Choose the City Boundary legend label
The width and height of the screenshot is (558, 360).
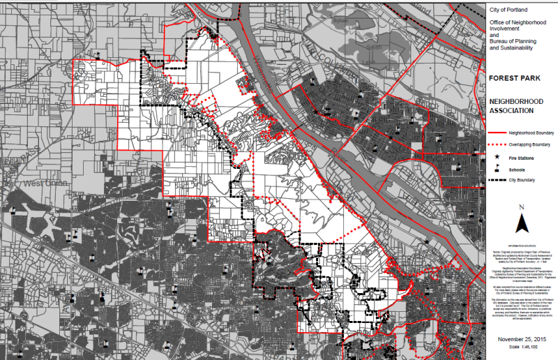pyautogui.click(x=522, y=180)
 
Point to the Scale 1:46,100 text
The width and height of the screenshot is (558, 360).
pyautogui.click(x=522, y=349)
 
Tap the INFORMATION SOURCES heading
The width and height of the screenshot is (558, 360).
pyautogui.click(x=522, y=246)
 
